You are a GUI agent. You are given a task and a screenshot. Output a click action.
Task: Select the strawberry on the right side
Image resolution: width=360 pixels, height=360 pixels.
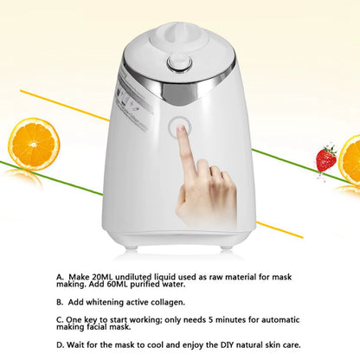click(x=326, y=159)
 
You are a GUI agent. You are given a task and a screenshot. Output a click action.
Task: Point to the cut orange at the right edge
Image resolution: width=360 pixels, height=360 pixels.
click(x=350, y=160)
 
